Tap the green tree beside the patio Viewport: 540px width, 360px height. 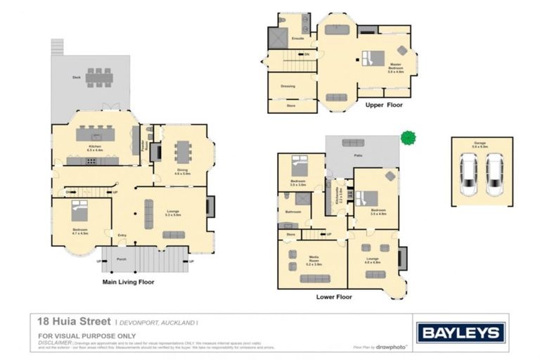[407, 137]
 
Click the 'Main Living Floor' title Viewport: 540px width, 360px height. [128, 282]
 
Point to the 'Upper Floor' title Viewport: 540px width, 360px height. [385, 105]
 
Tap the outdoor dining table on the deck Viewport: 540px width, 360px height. [98, 77]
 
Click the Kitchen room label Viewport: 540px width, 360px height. [95, 147]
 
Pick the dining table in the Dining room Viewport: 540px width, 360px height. [183, 151]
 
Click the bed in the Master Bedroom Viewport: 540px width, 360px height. [373, 58]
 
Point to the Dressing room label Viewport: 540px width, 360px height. [288, 86]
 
